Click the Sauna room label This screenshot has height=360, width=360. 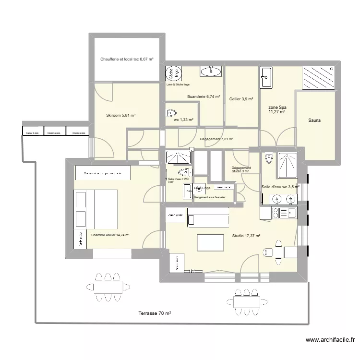click(315, 121)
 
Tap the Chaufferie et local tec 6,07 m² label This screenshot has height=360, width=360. click(127, 59)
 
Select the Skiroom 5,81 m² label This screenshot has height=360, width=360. click(120, 115)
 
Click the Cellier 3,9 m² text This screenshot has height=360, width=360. click(241, 99)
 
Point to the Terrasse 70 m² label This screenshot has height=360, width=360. click(155, 313)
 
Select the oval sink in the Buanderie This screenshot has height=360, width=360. click(210, 72)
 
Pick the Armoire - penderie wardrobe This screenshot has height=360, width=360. click(103, 173)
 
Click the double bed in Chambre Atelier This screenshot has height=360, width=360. click(96, 209)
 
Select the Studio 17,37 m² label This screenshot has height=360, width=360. click(246, 236)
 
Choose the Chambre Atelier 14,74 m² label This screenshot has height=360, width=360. click(110, 235)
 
